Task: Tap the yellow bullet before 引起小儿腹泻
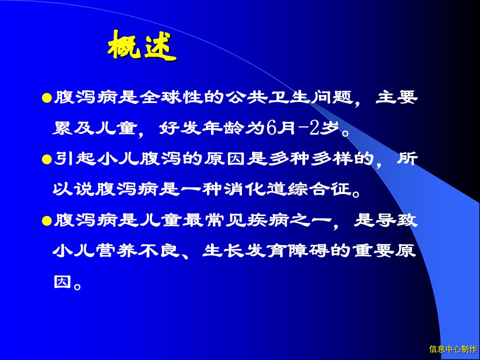(47, 159)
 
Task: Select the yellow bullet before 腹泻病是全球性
(47, 98)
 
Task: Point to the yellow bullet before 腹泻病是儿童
(47, 220)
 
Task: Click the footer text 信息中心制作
(453, 349)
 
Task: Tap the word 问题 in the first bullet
(330, 97)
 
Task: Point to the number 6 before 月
(271, 128)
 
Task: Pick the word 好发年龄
(201, 128)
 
